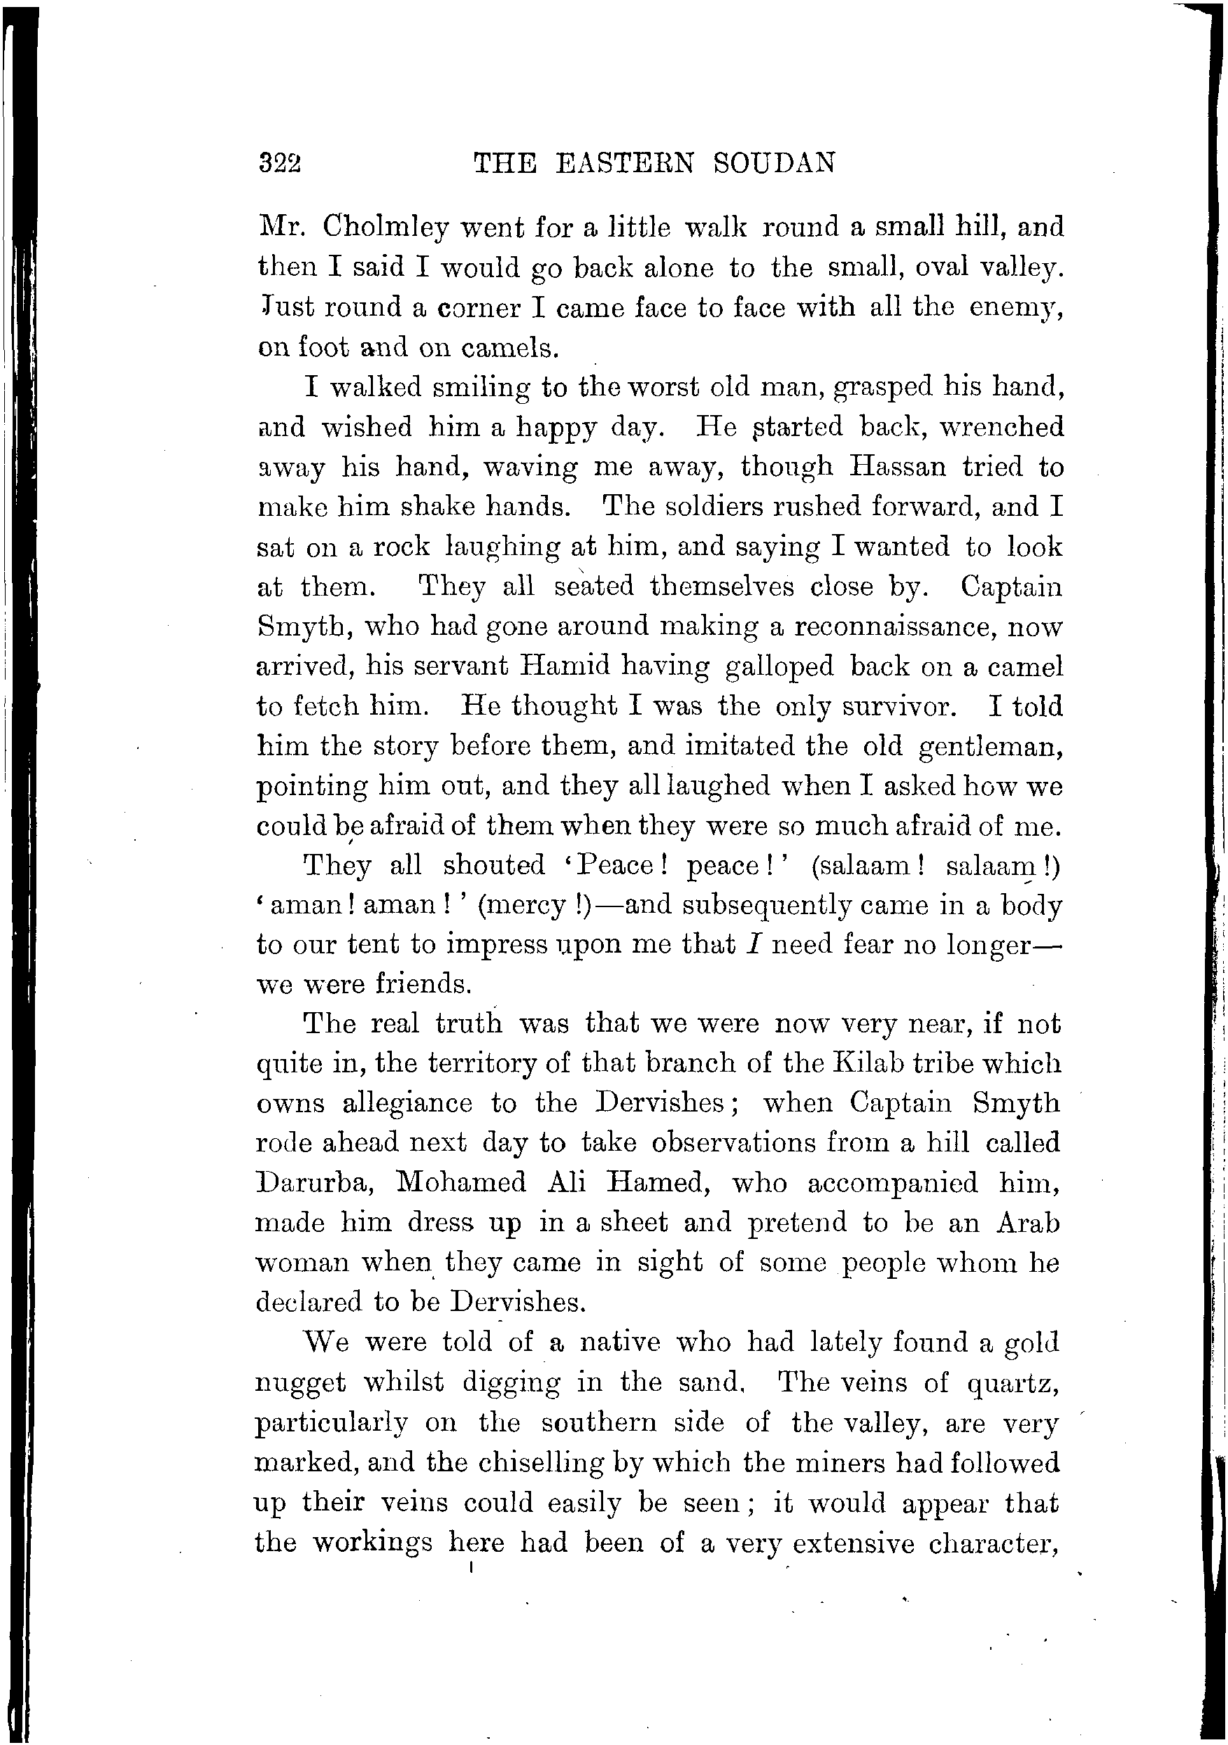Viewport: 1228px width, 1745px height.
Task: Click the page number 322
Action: coord(280,162)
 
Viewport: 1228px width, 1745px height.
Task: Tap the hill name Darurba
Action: coord(313,1184)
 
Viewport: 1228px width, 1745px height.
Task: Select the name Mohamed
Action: coord(461,1184)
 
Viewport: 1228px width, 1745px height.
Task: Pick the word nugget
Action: coord(300,1383)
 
